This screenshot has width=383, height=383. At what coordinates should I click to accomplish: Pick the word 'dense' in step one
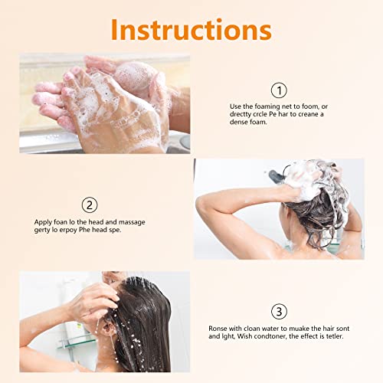pyautogui.click(x=241, y=123)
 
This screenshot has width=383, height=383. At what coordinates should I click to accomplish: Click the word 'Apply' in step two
pyautogui.click(x=43, y=222)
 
